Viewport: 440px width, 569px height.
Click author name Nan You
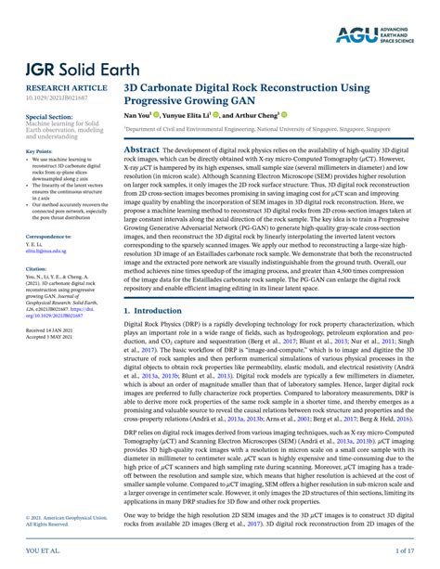click(x=139, y=118)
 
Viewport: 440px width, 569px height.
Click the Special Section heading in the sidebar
click(x=46, y=117)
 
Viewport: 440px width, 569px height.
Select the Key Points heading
click(x=39, y=151)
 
